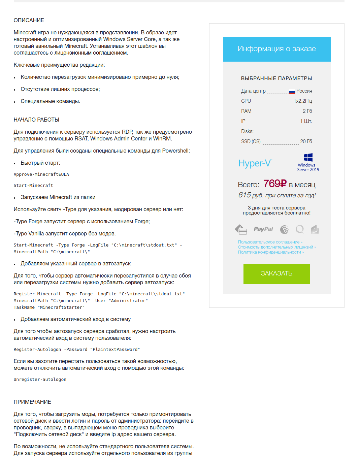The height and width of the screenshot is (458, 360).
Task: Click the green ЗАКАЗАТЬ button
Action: (276, 273)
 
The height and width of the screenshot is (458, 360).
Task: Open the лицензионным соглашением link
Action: (91, 53)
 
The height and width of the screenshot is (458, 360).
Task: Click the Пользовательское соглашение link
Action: (270, 242)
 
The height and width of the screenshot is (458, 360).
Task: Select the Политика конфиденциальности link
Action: (271, 252)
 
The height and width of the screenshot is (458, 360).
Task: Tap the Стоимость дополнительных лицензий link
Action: (277, 247)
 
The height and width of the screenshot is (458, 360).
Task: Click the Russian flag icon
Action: (292, 91)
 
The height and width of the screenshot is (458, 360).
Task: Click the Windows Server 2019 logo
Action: (308, 162)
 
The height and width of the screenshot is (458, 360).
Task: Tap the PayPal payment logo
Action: (263, 229)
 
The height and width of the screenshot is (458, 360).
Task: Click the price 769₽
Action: (275, 184)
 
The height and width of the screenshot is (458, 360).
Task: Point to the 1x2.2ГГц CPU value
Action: (303, 101)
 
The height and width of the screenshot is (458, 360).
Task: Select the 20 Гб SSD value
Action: (306, 141)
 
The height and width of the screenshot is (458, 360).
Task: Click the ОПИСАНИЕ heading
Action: (29, 21)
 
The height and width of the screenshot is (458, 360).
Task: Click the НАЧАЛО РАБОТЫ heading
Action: (36, 120)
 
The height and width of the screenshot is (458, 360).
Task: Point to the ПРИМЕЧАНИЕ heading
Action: (32, 402)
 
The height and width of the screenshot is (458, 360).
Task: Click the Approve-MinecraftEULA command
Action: (41, 174)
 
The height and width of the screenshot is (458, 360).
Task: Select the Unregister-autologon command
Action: (40, 380)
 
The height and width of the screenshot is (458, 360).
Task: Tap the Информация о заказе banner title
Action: (276, 49)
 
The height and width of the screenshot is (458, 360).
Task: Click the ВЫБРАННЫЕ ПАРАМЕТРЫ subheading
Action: (276, 78)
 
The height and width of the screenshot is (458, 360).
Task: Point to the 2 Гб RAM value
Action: (307, 111)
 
